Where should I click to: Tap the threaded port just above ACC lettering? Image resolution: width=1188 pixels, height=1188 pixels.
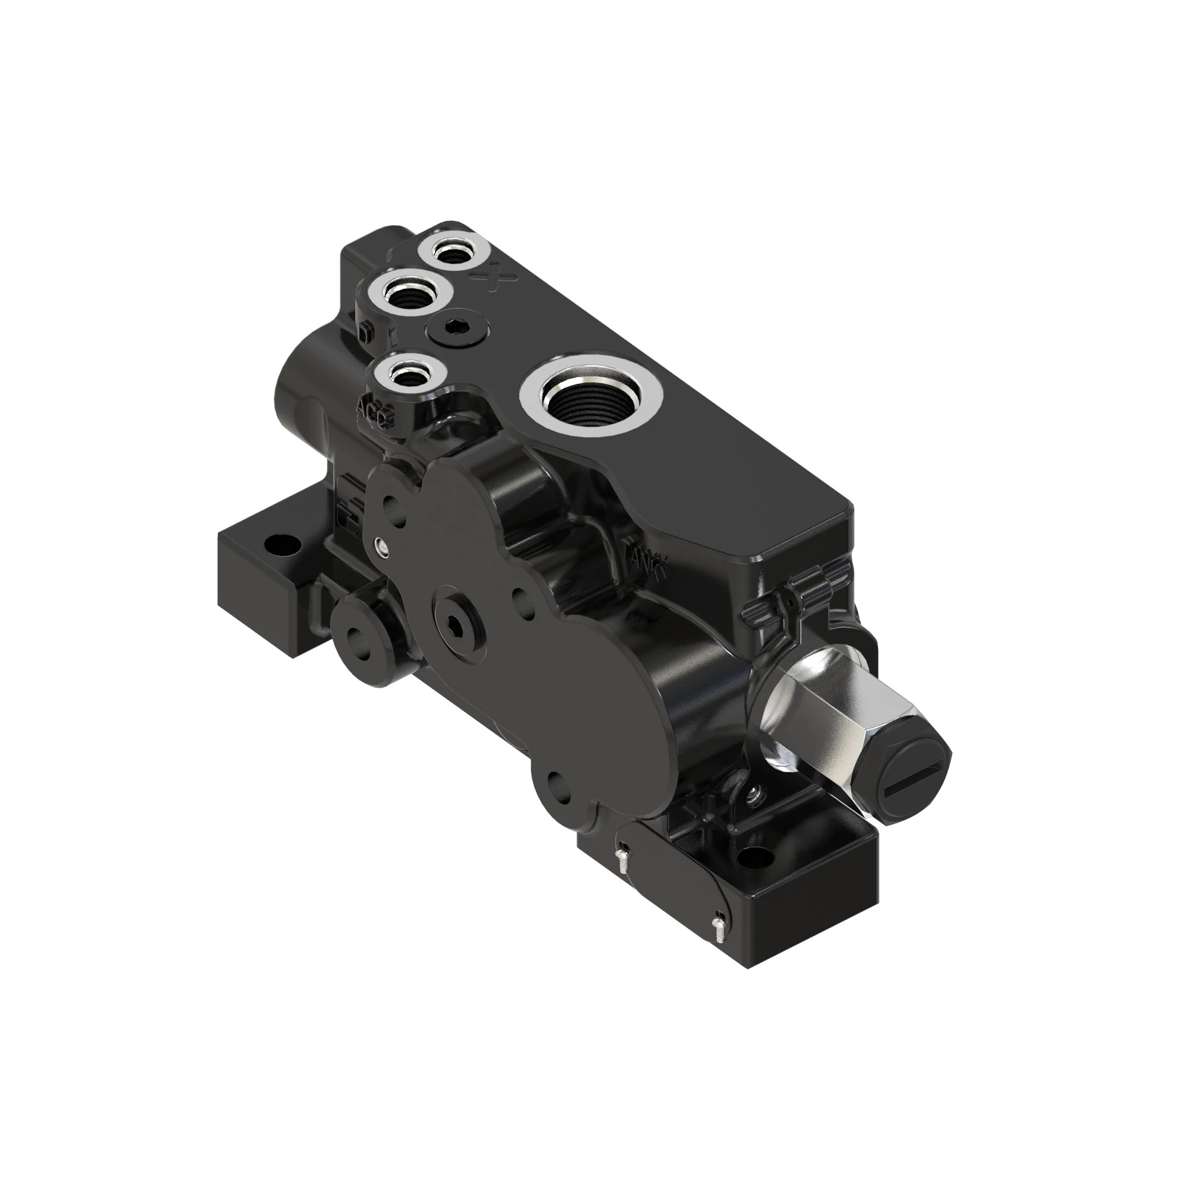click(x=406, y=377)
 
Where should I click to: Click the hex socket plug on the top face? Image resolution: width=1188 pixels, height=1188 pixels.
click(x=458, y=329)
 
